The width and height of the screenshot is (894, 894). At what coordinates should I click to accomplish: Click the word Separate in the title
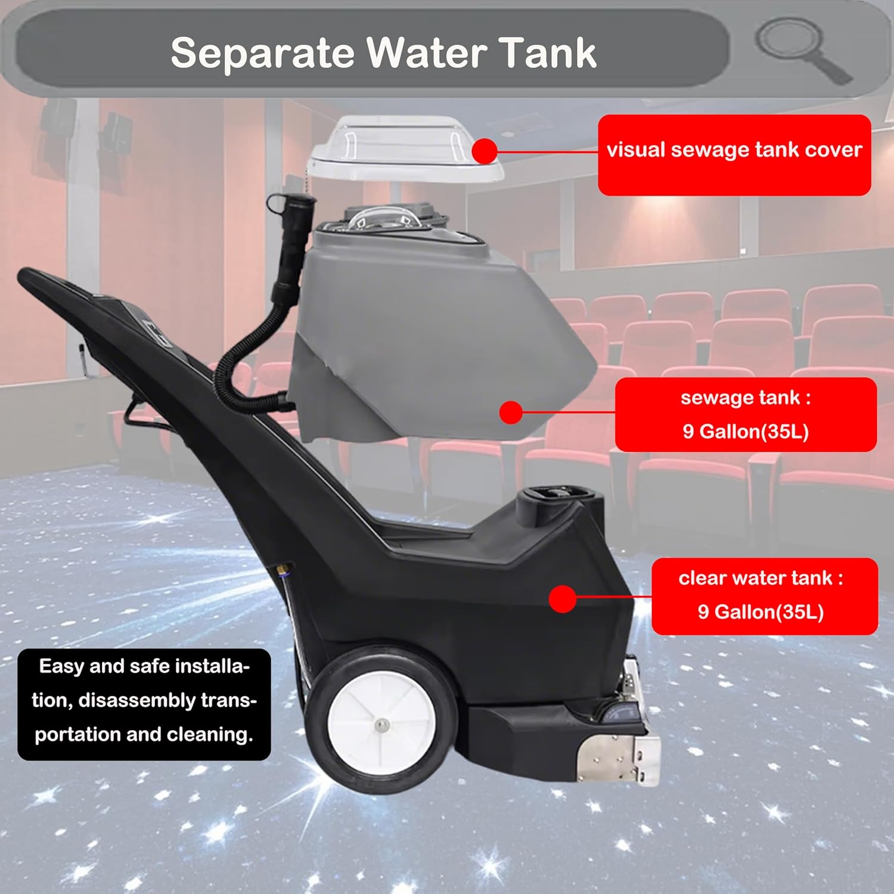coord(262,54)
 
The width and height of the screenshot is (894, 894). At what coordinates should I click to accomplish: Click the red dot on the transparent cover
coord(485,151)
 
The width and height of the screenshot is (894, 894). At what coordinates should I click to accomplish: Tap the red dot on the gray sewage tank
coord(511,412)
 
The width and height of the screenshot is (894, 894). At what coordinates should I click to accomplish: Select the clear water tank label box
coord(764,596)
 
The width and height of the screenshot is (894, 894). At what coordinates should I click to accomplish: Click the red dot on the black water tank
coord(561,599)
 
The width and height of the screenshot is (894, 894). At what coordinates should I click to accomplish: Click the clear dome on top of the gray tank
coord(381,221)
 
